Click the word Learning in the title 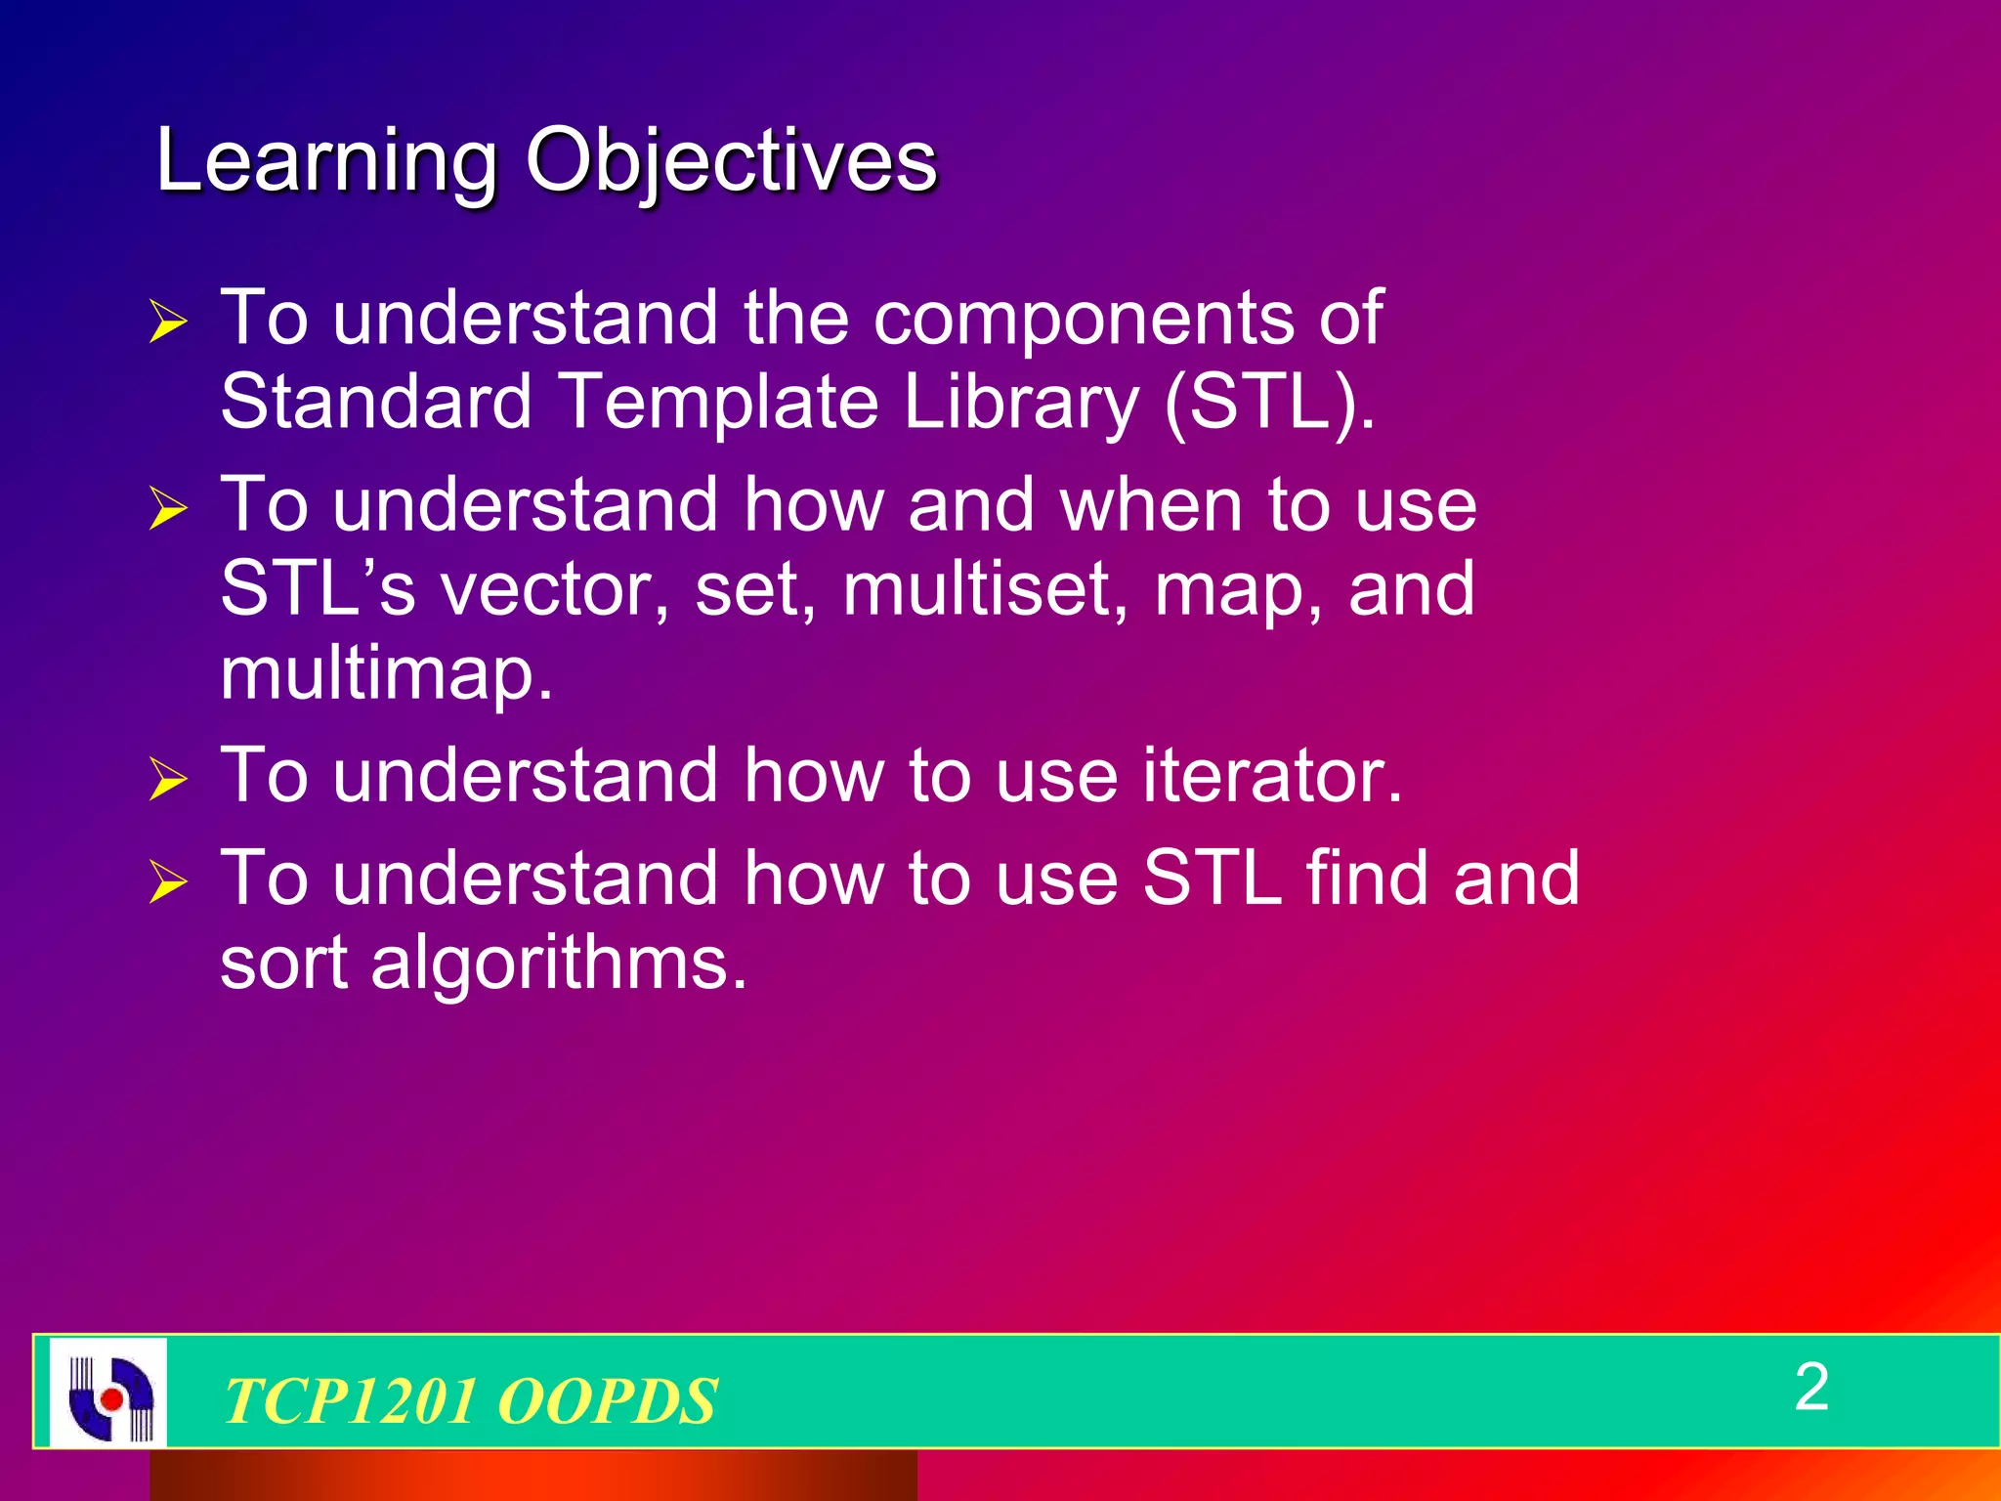point(326,161)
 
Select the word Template point(720,403)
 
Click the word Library point(1021,403)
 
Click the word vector point(554,590)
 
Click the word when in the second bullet point(1150,505)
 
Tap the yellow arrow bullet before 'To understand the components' point(168,322)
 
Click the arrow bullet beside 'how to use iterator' point(168,780)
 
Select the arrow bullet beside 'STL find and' point(168,882)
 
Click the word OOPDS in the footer point(607,1401)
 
